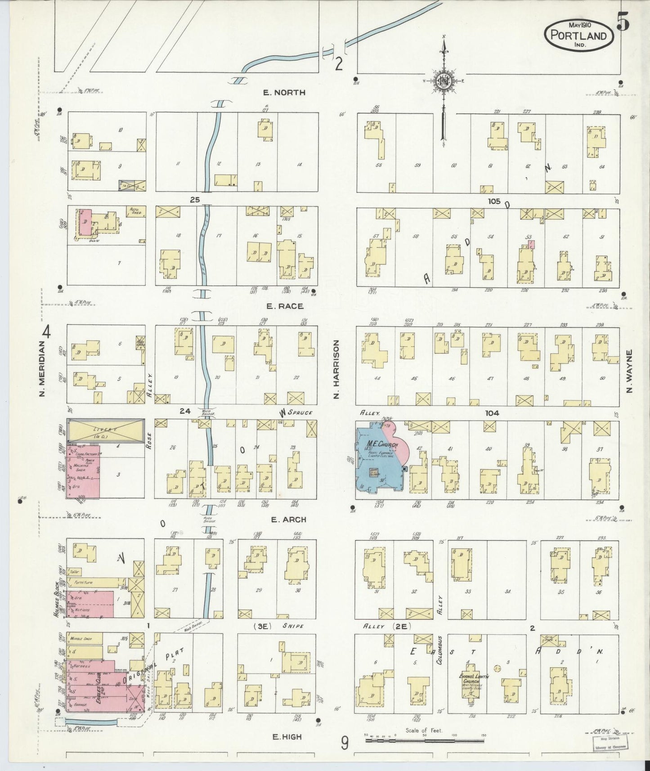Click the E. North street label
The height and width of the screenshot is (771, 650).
click(284, 93)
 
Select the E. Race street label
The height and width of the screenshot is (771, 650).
click(284, 306)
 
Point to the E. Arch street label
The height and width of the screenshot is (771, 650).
click(288, 520)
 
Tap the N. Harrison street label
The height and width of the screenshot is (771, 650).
click(336, 369)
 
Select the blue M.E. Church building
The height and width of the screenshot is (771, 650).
click(378, 459)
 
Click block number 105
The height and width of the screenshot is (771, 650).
click(493, 201)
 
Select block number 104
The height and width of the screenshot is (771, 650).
click(492, 413)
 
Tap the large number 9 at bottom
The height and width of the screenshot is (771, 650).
click(344, 743)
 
